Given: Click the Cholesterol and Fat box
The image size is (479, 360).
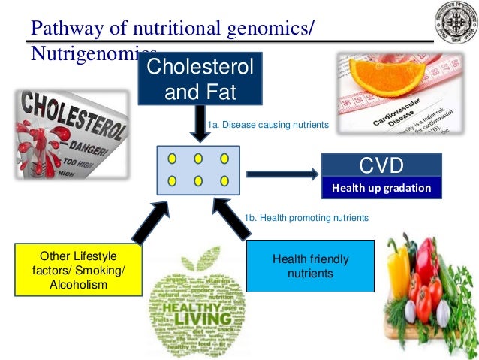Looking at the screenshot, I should pos(199,78).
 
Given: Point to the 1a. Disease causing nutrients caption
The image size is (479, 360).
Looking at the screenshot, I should pos(268,125).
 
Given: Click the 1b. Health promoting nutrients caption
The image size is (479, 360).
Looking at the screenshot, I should pos(306,218).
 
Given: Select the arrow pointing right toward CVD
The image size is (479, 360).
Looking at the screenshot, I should pos(281,174).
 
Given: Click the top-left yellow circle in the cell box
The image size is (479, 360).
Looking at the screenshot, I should pos(172,159).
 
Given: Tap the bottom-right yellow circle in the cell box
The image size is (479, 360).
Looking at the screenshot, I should pos(224,180).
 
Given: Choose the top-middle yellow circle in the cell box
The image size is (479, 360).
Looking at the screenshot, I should pos(198,159).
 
